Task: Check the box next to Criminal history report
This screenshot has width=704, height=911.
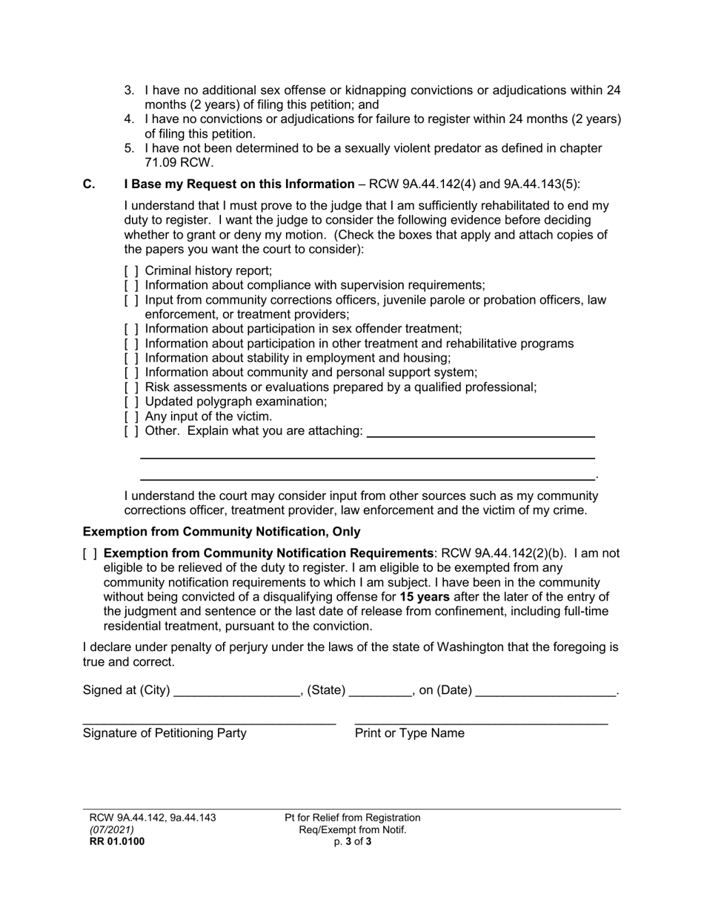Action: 131,271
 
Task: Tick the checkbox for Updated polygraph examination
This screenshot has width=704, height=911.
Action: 131,402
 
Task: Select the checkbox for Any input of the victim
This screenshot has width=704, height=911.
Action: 131,417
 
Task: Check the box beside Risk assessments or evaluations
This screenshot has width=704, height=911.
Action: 131,387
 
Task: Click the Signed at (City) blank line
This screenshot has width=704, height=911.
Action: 235,692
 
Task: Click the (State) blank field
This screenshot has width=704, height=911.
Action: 379,692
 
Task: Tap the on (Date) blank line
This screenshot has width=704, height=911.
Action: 545,692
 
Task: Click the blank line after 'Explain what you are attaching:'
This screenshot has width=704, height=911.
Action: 481,436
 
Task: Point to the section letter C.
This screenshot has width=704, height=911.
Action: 89,184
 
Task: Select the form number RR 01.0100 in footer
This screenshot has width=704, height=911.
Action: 116,841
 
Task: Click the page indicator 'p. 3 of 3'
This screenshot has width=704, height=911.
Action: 352,841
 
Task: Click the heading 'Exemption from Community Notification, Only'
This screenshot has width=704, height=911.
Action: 222,532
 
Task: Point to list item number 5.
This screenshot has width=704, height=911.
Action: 129,148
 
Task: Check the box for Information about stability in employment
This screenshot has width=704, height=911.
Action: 131,358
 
